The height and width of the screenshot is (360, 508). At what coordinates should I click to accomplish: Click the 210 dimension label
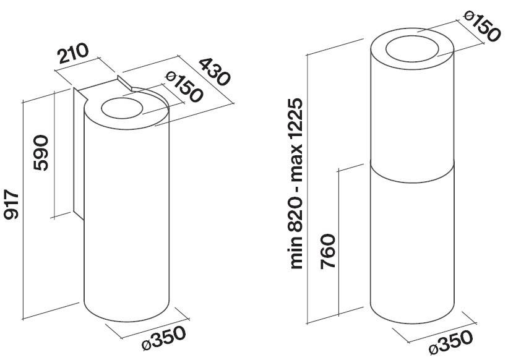click(x=73, y=53)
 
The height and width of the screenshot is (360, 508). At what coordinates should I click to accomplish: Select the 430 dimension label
click(x=214, y=72)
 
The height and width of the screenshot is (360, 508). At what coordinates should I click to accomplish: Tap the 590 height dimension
click(x=41, y=153)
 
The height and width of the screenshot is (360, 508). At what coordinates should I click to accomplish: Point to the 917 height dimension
click(x=11, y=205)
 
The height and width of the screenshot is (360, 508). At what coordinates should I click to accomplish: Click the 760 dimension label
click(x=328, y=251)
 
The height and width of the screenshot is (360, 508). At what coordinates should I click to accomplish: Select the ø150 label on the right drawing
click(x=481, y=26)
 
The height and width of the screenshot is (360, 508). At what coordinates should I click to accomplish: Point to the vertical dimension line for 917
click(x=23, y=211)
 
